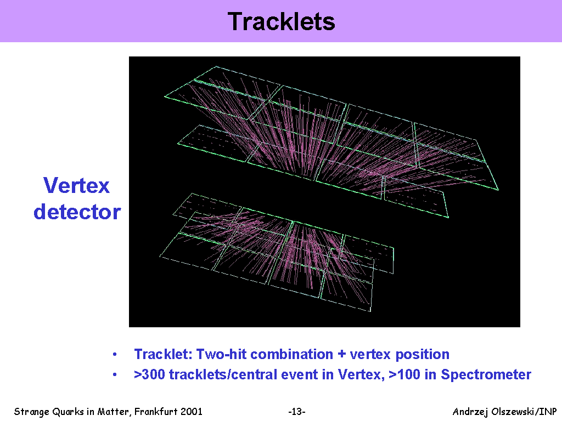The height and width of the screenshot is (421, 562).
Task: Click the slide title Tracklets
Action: [282, 21]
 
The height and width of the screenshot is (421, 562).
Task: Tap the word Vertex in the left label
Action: [76, 185]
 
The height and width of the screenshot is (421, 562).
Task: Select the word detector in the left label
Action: [77, 212]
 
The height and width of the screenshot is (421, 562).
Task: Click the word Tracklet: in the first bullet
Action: [164, 354]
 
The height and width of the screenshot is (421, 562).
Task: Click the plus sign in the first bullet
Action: [341, 355]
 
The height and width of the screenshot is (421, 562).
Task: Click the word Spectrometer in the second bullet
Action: [486, 375]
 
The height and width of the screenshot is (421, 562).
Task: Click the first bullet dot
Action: [115, 355]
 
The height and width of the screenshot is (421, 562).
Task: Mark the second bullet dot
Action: [115, 375]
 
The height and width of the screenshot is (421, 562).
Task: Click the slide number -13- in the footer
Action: [297, 412]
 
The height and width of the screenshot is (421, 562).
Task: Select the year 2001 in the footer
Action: [192, 411]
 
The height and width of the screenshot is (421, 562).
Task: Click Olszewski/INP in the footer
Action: [524, 412]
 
